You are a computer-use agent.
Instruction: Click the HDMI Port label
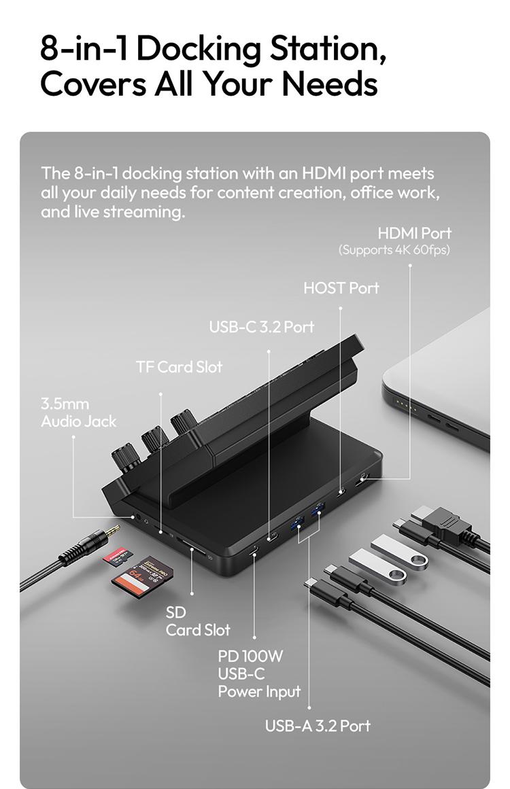point(414,233)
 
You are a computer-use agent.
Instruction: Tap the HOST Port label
point(341,287)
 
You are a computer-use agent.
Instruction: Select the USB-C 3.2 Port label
point(262,327)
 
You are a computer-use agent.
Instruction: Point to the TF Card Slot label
point(179,367)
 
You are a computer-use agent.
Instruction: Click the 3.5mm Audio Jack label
point(78,413)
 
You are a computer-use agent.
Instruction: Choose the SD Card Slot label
point(198,621)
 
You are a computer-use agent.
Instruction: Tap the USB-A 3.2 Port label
point(318,726)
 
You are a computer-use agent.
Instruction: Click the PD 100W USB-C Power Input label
point(259,674)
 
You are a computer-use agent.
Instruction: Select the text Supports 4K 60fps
point(394,250)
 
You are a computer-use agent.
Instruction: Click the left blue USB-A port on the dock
point(297,525)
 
